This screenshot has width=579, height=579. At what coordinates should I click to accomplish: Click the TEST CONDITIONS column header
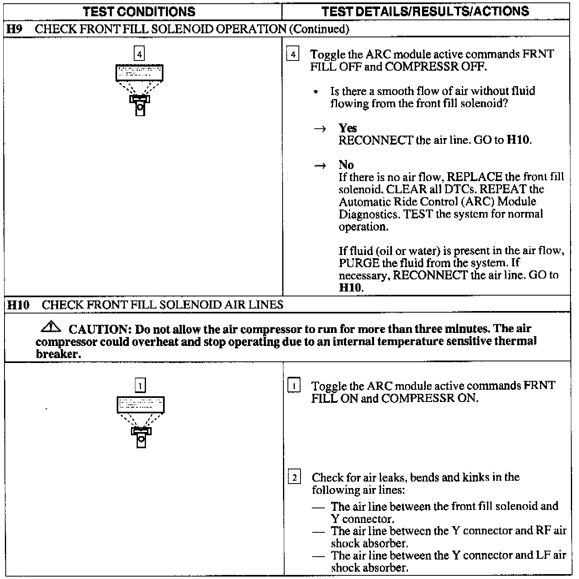coord(139,12)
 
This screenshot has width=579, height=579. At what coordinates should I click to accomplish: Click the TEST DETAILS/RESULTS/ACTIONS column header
coord(425,11)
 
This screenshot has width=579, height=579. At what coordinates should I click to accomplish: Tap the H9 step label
coord(15,29)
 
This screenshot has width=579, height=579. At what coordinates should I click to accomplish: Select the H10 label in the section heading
coord(19,305)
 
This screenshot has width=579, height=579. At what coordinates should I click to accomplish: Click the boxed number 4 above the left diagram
coord(139,54)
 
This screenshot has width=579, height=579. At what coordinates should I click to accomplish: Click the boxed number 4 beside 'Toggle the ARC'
coord(293,54)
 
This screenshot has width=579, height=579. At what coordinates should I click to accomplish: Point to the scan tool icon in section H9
coord(139,89)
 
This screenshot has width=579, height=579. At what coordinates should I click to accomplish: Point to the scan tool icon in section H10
coord(141,421)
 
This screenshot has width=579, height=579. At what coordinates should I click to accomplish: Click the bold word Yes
coord(348,128)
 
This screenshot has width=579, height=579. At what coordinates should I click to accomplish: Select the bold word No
coord(346,165)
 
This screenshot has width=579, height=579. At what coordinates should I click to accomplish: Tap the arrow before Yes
coord(320,129)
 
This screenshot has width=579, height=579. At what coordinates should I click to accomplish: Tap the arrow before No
coord(320,166)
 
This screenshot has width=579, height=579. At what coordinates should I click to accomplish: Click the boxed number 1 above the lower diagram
coord(140,385)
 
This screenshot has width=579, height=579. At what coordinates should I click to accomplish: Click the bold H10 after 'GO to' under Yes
coord(518,140)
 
